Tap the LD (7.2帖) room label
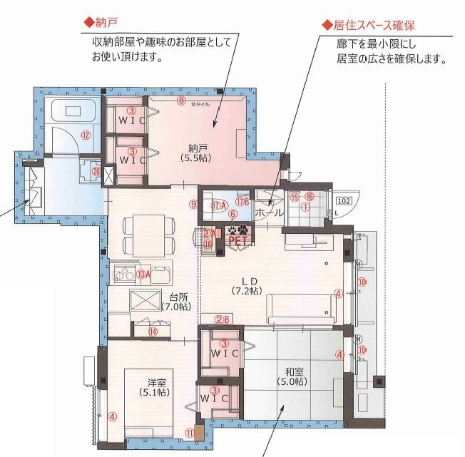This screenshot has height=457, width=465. pos(246,286)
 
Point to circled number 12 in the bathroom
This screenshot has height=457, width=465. pos(85,134)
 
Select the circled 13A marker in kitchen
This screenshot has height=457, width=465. pos(144,274)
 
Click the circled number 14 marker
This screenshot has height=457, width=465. pos(152,331)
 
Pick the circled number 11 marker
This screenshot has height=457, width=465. pos(189,431)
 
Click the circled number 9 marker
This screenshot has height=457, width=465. pos(193,204)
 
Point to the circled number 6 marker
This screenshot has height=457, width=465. pos(232,214)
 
